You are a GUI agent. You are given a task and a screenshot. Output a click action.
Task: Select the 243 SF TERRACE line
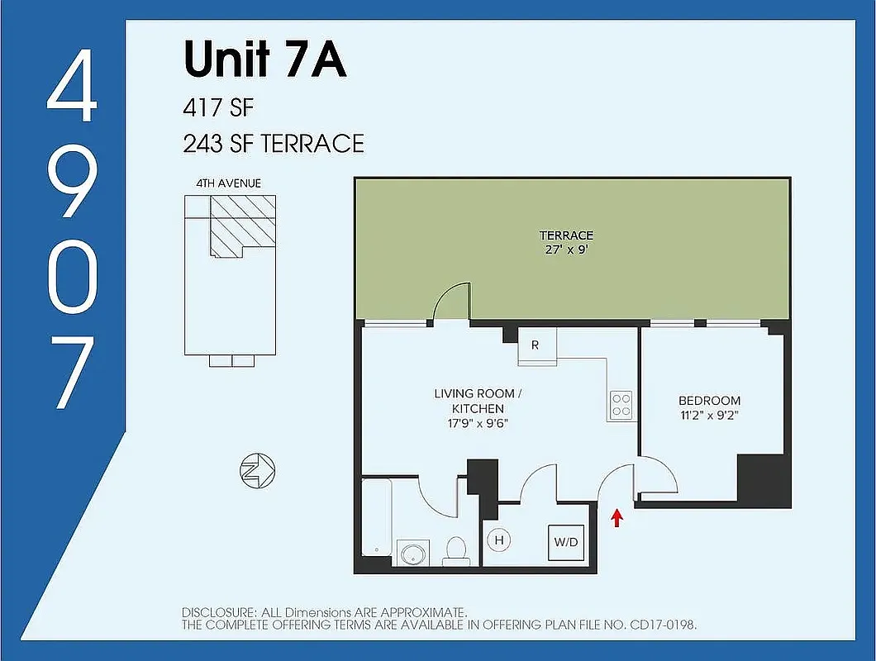pyautogui.click(x=274, y=143)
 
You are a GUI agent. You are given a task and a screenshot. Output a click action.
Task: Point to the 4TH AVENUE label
pyautogui.click(x=229, y=183)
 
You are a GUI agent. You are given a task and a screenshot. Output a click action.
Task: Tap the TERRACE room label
pyautogui.click(x=566, y=235)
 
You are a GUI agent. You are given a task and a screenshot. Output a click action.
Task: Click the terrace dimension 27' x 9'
pyautogui.click(x=566, y=249)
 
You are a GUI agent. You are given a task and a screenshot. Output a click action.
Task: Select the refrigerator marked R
pyautogui.click(x=535, y=345)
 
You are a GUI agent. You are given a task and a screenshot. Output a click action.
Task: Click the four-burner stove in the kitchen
pyautogui.click(x=621, y=404)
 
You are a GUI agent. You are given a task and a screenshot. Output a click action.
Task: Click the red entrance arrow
pyautogui.click(x=616, y=518)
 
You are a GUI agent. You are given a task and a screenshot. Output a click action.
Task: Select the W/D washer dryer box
pyautogui.click(x=565, y=542)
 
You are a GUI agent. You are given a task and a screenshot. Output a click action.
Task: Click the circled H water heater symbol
pyautogui.click(x=499, y=540)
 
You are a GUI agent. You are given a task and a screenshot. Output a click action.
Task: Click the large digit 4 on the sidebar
pyautogui.click(x=72, y=88)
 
